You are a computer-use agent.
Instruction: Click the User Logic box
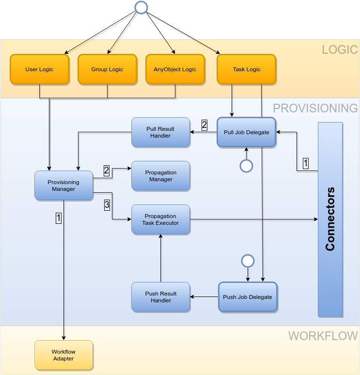39,69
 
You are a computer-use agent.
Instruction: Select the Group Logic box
107,69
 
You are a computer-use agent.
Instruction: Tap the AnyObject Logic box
175,69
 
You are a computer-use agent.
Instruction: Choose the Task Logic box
247,69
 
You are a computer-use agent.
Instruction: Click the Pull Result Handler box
160,132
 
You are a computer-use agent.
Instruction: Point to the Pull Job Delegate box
246,132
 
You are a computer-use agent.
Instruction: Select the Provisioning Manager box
63,186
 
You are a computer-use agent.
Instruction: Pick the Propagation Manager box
160,176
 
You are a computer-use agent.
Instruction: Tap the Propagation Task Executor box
160,219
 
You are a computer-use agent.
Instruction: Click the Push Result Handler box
160,297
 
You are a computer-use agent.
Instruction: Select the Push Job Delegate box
247,297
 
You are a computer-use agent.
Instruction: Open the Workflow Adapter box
63,355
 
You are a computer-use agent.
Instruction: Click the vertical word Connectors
330,219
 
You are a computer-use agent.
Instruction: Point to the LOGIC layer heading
339,49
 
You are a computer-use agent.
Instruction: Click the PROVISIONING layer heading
315,108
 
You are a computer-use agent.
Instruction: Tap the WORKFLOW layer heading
323,336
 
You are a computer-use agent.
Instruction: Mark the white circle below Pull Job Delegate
247,166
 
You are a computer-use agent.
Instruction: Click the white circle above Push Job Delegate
248,261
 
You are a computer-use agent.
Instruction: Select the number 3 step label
107,205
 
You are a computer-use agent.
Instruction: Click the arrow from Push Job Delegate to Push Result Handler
204,297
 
